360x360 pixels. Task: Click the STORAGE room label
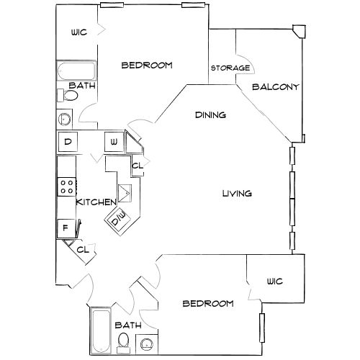(x=230, y=68)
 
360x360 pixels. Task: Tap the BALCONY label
(x=276, y=86)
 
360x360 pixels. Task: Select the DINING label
(x=210, y=115)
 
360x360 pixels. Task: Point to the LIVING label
(x=237, y=193)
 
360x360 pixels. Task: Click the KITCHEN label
(x=96, y=202)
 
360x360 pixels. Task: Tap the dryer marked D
(x=68, y=142)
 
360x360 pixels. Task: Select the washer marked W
(x=114, y=142)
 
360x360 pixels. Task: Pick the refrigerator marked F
(x=66, y=228)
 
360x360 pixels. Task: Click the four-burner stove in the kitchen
(x=67, y=186)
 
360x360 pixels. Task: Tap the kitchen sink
(x=125, y=193)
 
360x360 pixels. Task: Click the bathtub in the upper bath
(x=76, y=71)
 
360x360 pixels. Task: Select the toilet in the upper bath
(x=68, y=95)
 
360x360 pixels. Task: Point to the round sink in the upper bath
(x=64, y=119)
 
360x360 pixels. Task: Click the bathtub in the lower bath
(x=102, y=331)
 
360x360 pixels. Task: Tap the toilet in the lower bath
(x=123, y=343)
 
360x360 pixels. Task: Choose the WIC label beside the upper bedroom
(x=79, y=32)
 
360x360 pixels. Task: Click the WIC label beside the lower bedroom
(x=275, y=281)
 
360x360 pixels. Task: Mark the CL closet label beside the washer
(x=138, y=166)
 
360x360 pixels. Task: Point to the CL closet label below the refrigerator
(x=83, y=250)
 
